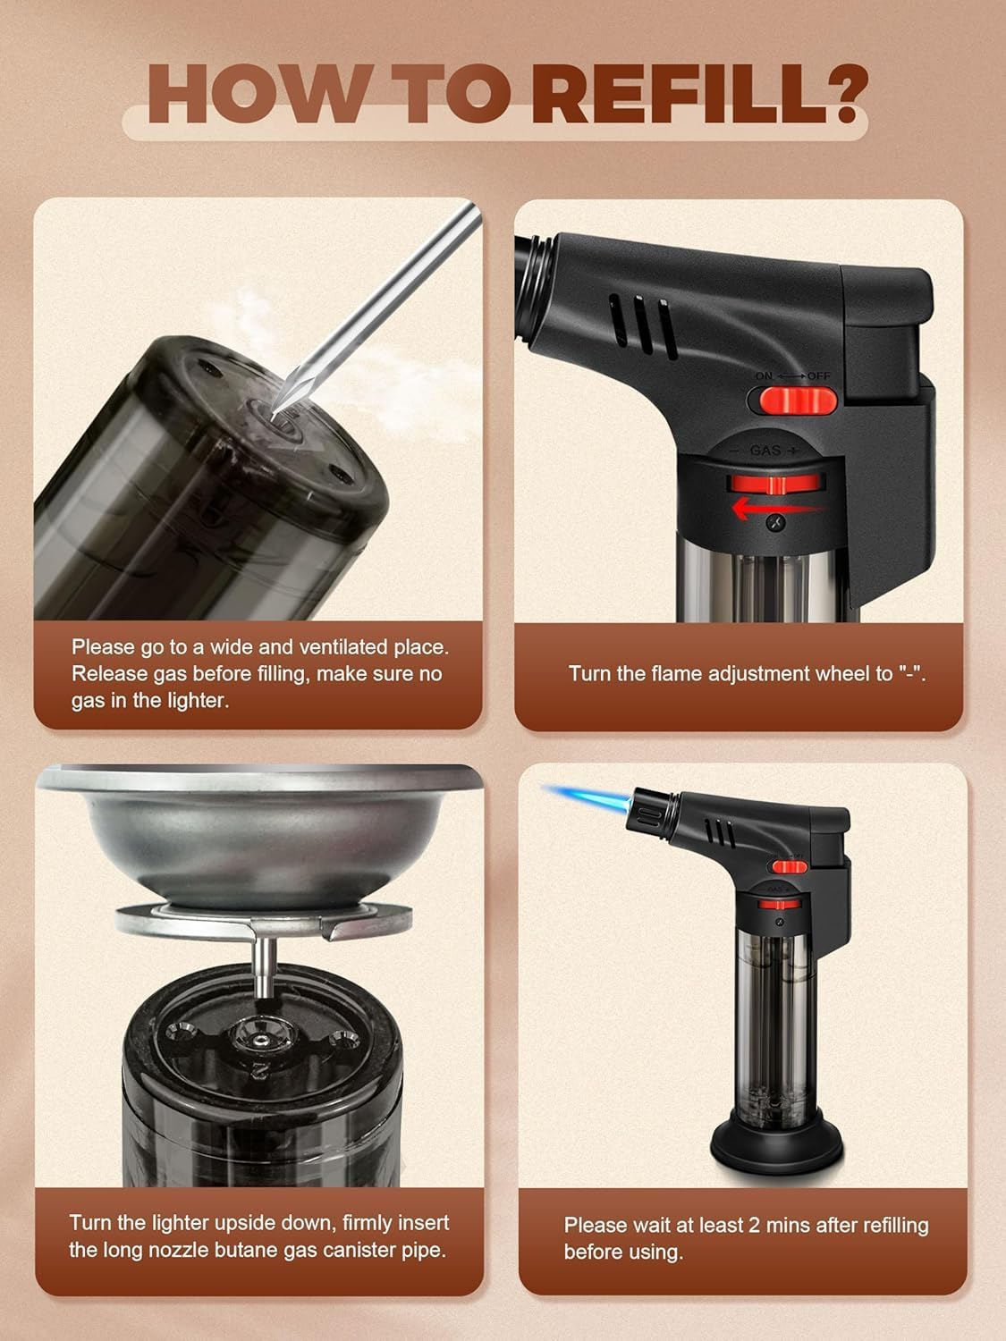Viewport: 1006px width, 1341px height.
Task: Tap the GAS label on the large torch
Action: (765, 451)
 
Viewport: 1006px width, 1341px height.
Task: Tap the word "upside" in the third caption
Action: (229, 1222)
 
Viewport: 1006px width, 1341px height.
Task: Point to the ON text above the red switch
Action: (764, 376)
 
